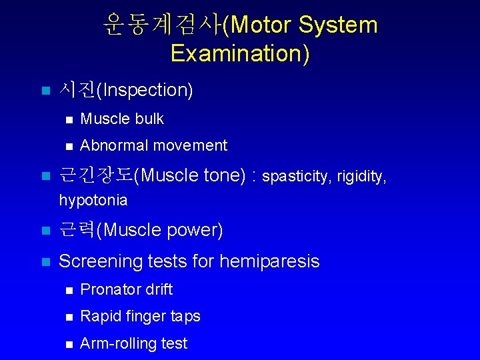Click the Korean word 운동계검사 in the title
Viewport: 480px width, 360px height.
(x=162, y=25)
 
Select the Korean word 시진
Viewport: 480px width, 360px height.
(x=77, y=89)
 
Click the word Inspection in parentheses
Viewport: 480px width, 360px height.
(x=145, y=90)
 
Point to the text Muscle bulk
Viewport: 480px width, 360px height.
(x=121, y=119)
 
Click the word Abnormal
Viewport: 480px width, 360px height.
(x=111, y=145)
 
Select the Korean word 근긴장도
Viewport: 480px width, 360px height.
(x=96, y=175)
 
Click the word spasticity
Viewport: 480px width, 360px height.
(x=297, y=177)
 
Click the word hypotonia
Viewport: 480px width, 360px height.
(x=93, y=200)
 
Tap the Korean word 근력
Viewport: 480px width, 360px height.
(x=77, y=230)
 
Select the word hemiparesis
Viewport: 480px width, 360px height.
(x=269, y=261)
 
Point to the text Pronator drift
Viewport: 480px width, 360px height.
(x=126, y=289)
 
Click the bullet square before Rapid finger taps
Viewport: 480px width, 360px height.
(x=67, y=317)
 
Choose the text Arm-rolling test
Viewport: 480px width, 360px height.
(x=133, y=343)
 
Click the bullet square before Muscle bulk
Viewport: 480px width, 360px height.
(x=67, y=119)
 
